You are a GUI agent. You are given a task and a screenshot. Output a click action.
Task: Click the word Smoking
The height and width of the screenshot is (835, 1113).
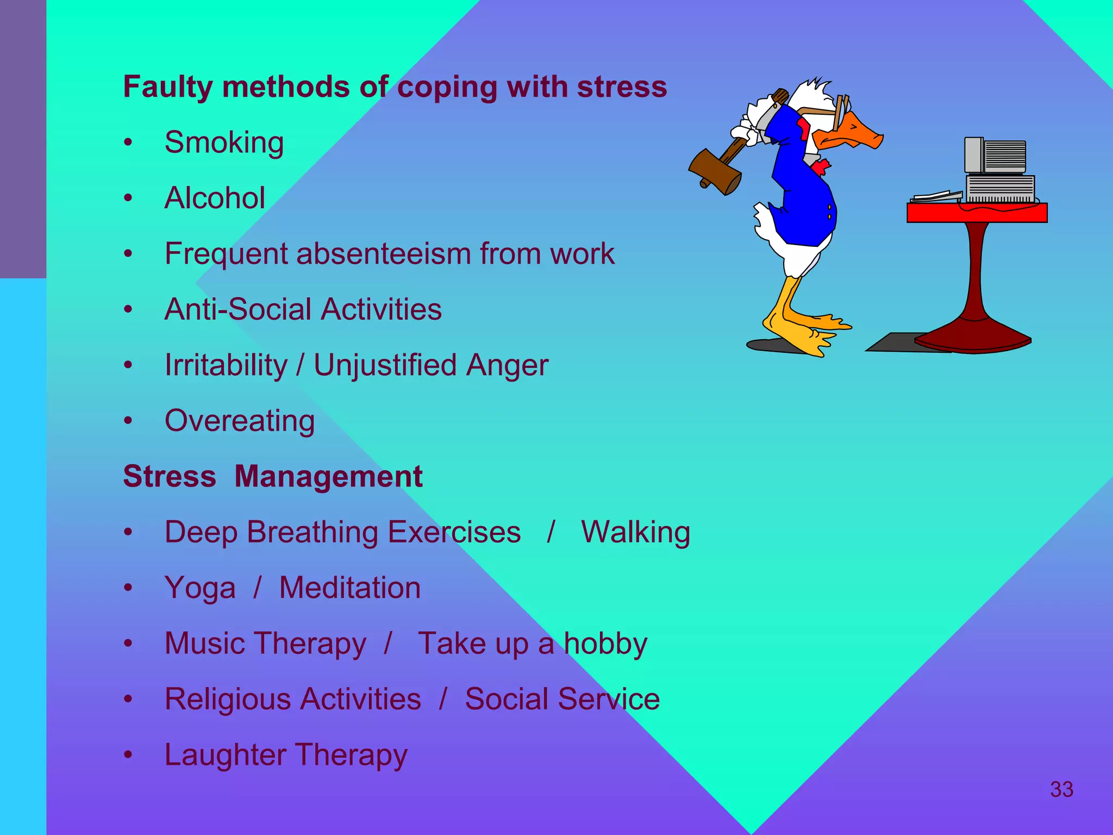coord(224,142)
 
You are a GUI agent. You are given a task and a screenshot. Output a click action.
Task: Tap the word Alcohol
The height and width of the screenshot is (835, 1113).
coord(215,198)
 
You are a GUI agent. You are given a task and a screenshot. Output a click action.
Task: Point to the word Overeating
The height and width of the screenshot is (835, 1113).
coord(240,421)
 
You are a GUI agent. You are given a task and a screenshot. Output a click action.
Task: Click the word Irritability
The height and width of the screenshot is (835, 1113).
coord(226,365)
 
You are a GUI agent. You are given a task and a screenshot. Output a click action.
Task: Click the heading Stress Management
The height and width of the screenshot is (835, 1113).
coord(273,476)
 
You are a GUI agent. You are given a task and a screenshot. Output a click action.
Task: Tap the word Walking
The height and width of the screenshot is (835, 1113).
coord(635,532)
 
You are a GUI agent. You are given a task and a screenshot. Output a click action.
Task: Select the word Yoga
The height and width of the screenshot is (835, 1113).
coord(200,588)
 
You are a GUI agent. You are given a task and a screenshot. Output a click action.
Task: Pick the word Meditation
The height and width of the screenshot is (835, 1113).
coord(350,588)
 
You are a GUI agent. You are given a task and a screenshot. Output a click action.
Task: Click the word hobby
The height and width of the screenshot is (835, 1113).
coord(605,644)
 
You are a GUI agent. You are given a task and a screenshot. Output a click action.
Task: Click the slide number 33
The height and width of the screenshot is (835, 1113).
coord(1061,789)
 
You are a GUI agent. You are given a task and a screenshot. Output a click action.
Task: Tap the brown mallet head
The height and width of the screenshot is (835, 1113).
coord(715,171)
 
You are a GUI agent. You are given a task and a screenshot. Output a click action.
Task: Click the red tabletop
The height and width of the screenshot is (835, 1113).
coord(977,213)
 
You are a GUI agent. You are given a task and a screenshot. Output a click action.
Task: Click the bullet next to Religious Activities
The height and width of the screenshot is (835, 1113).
coord(128,699)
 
